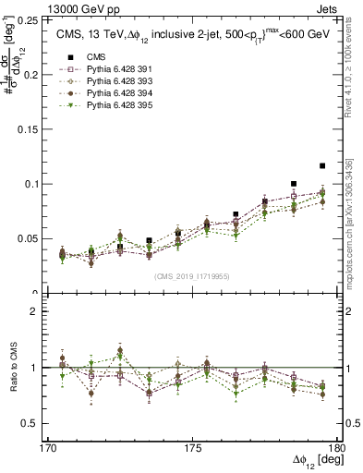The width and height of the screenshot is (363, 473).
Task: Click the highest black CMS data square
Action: coord(322,165)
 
